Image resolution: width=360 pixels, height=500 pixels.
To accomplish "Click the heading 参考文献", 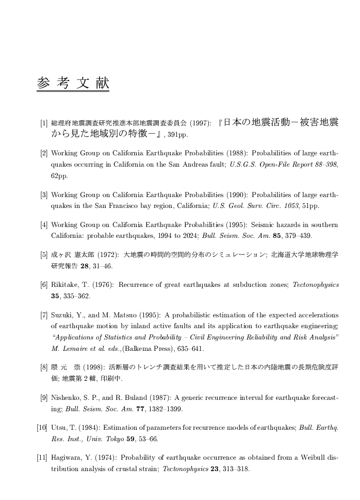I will coord(73,83).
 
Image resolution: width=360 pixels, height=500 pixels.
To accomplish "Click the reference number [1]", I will coord(44,124).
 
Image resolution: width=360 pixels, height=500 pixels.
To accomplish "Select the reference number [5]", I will coord(44,255).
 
